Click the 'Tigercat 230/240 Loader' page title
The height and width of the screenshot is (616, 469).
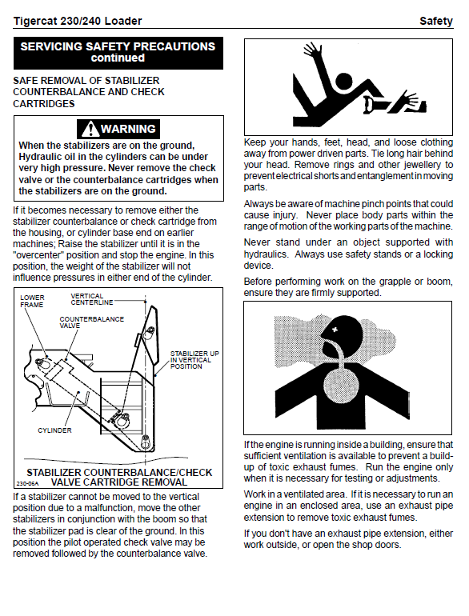pos(78,21)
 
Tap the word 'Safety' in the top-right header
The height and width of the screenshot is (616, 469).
pos(436,21)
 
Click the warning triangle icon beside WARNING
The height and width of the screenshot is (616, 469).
pos(90,129)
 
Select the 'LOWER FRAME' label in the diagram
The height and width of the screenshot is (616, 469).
pos(32,301)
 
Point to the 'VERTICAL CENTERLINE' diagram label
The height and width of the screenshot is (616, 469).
pos(91,299)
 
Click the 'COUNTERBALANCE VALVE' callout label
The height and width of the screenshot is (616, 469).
pos(91,322)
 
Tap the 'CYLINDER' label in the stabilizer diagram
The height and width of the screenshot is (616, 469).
pos(54,430)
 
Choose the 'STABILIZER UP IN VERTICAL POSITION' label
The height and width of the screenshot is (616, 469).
pos(194,360)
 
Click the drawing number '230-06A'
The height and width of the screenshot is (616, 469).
pos(27,484)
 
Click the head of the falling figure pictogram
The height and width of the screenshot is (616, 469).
pos(345,82)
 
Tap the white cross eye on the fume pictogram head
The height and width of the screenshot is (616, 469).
pos(335,330)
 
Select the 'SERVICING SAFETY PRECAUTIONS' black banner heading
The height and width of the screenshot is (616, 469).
pos(118,46)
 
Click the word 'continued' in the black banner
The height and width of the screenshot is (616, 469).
pos(118,58)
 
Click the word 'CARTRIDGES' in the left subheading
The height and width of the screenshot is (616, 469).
pos(44,104)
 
